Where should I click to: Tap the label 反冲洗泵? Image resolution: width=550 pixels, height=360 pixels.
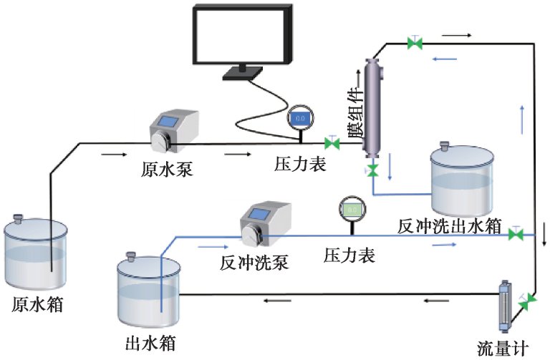click(x=254, y=262)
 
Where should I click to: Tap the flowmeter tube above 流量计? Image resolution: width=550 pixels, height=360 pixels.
click(x=505, y=308)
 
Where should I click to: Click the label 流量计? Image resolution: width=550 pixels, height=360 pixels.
click(x=506, y=349)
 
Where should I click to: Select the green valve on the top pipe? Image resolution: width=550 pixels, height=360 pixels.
click(x=414, y=43)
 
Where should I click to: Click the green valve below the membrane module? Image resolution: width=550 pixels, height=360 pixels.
click(x=372, y=170)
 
